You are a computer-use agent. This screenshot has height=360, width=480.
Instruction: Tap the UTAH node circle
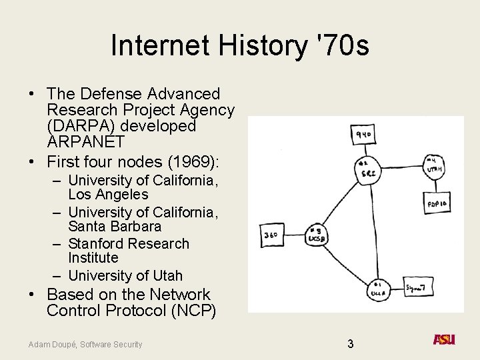coord(434,166)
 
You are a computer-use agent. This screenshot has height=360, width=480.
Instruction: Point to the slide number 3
coord(350,344)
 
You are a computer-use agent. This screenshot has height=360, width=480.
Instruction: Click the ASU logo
coord(444,339)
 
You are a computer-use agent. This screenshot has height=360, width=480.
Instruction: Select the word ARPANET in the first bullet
coord(85,141)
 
